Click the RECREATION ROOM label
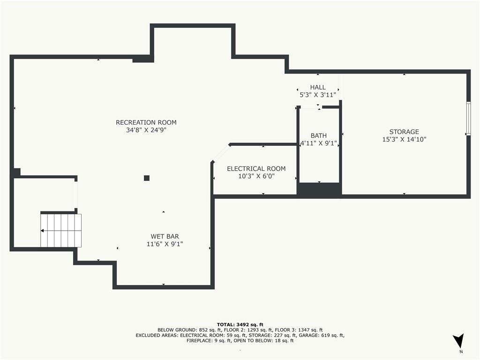click(146, 122)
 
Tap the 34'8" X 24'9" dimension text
click(146, 130)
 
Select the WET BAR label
click(164, 236)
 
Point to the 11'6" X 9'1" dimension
click(164, 244)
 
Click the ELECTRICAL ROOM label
click(256, 169)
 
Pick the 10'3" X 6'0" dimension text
click(256, 176)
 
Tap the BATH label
click(319, 135)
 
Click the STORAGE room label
click(404, 132)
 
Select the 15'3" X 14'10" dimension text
click(404, 139)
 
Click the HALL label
click(318, 87)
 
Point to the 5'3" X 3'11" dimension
click(318, 95)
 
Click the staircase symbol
click(61, 230)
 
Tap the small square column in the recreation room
click(147, 178)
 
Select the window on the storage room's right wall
click(468, 119)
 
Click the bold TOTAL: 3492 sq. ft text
click(240, 324)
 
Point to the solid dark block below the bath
click(319, 190)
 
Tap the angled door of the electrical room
click(221, 153)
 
